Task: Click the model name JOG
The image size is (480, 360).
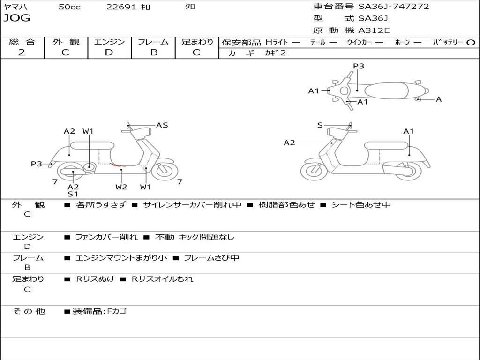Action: coord(17,18)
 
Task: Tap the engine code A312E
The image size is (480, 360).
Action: coord(374,31)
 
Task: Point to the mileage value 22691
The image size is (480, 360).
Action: coord(121,7)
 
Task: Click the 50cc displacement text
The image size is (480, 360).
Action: coord(69,7)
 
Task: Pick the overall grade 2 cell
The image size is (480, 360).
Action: coord(22,52)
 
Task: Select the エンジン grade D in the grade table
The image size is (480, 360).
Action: coord(109,52)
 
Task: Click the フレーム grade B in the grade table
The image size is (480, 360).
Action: coord(153,52)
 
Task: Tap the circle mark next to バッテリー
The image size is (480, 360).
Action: coord(471,43)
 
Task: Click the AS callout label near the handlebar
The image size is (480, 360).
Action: coord(162,125)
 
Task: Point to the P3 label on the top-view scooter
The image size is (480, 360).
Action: coord(359,66)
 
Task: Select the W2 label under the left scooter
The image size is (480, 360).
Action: coord(121,187)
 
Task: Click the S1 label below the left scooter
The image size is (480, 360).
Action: coord(73,194)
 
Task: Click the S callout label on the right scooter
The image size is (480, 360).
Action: coord(320,125)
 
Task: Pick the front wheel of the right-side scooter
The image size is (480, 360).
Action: coord(314,171)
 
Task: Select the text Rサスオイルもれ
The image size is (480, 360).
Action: coord(162,279)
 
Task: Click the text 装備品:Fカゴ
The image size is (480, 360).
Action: coord(99,311)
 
